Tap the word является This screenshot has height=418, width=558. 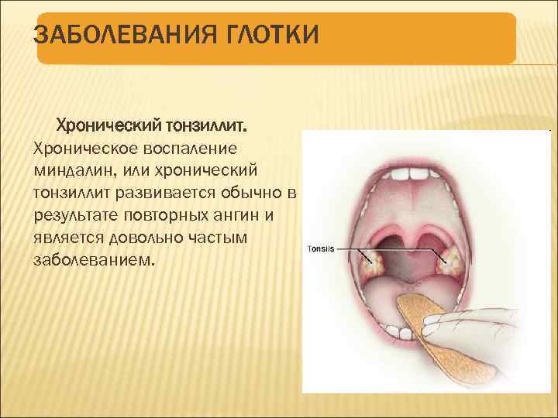point(69,237)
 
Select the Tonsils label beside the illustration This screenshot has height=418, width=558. point(321,249)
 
